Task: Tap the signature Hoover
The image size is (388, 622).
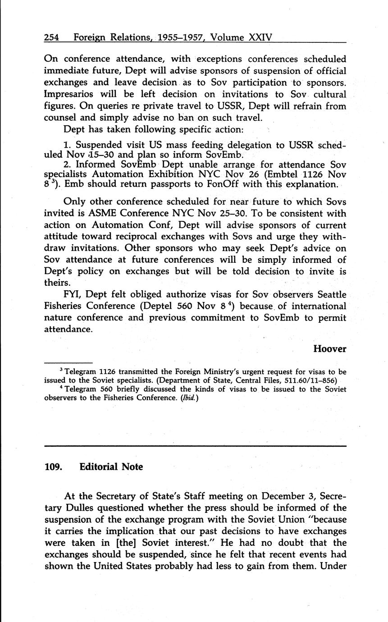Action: coord(329,348)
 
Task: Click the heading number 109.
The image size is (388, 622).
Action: coord(53,467)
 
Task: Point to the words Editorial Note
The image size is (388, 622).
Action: coord(111,467)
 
